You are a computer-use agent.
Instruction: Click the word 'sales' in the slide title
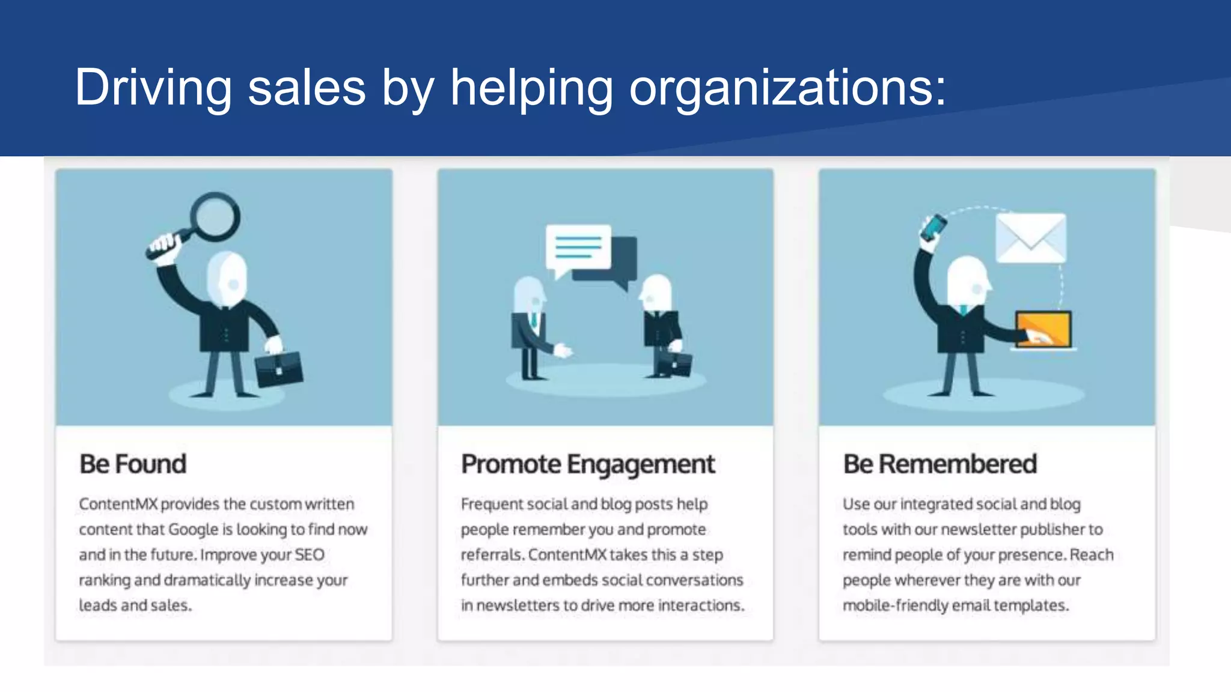pyautogui.click(x=307, y=88)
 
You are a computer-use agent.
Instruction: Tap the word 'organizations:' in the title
pyautogui.click(x=787, y=88)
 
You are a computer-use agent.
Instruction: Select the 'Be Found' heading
pyautogui.click(x=133, y=464)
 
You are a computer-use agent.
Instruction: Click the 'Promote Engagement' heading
pyautogui.click(x=588, y=464)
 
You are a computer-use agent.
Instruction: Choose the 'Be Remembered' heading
pyautogui.click(x=940, y=464)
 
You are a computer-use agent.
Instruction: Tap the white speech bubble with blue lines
pyautogui.click(x=578, y=247)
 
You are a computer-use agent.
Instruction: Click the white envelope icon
pyautogui.click(x=1031, y=238)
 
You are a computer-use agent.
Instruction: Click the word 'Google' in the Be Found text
pyautogui.click(x=193, y=530)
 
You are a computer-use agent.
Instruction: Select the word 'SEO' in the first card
pyautogui.click(x=310, y=555)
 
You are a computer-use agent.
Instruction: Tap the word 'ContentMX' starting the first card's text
pyautogui.click(x=118, y=505)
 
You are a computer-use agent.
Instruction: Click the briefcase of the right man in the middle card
pyautogui.click(x=675, y=363)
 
